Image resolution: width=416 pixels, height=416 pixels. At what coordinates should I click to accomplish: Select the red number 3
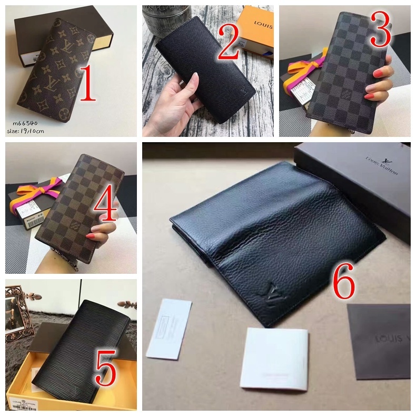pyautogui.click(x=380, y=31)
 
